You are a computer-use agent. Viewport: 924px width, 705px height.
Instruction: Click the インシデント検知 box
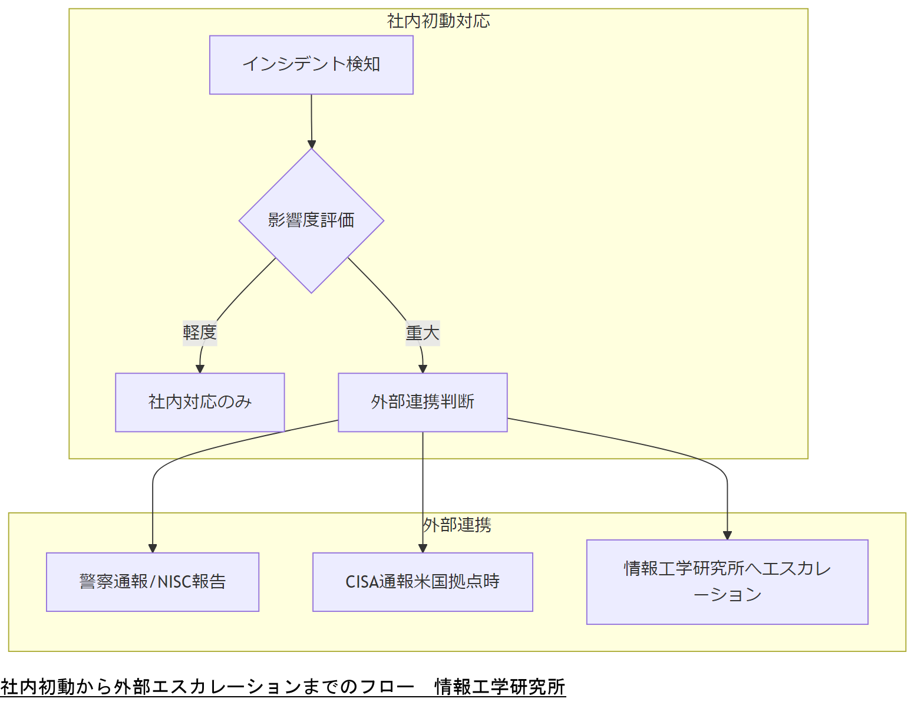click(x=311, y=65)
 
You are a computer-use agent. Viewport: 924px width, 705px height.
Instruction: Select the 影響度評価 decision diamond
click(x=311, y=220)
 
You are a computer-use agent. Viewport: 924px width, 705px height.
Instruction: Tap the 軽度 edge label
click(x=200, y=333)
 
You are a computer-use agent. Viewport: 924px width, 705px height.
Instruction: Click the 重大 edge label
click(x=423, y=333)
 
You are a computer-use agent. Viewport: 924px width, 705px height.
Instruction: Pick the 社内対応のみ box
click(x=200, y=402)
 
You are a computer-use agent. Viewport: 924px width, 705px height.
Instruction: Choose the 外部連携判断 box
click(x=423, y=402)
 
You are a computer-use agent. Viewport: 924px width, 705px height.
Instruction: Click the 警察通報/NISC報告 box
click(x=153, y=582)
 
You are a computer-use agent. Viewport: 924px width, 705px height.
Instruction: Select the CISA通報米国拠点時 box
click(x=423, y=582)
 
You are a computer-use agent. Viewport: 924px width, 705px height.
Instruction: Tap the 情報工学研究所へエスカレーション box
click(x=727, y=582)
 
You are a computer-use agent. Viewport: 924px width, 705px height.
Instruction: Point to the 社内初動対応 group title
click(x=438, y=21)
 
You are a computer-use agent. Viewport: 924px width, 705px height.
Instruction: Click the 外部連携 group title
click(x=457, y=525)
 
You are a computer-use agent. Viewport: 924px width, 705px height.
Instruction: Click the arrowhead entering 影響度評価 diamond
click(x=312, y=144)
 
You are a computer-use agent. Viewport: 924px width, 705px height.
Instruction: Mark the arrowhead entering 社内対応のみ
click(x=200, y=369)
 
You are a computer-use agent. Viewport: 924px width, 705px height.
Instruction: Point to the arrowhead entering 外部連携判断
click(x=423, y=369)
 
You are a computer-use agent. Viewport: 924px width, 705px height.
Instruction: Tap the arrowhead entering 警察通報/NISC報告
click(x=153, y=548)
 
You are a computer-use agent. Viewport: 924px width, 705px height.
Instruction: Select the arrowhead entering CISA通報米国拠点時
click(x=423, y=548)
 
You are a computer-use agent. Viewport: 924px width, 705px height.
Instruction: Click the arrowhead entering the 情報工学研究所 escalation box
click(x=727, y=535)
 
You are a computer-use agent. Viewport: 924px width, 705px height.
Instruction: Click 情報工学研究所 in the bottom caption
click(x=500, y=687)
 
